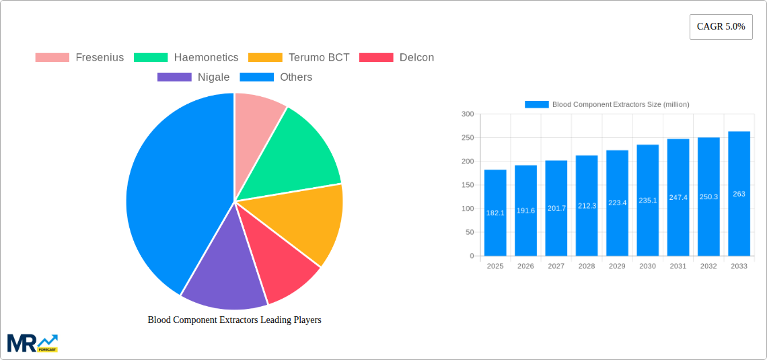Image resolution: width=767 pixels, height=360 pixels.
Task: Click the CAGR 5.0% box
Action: (x=721, y=27)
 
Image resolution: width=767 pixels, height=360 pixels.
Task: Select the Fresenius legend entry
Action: (x=79, y=58)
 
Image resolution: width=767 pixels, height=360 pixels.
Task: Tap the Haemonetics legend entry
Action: (x=186, y=58)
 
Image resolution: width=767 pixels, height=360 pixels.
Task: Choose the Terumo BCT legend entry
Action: (x=299, y=58)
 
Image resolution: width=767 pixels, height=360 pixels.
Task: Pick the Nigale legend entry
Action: (x=193, y=77)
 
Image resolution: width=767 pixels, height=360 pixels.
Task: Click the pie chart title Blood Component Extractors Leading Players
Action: (x=234, y=320)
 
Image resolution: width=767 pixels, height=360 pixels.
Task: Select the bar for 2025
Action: (x=495, y=213)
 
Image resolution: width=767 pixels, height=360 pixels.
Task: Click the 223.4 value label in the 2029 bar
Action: (x=617, y=203)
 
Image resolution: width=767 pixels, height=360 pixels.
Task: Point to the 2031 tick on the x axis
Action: (x=678, y=266)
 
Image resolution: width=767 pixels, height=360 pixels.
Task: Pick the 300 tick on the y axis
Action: (x=468, y=114)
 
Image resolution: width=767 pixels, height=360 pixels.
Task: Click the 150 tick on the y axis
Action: (x=468, y=185)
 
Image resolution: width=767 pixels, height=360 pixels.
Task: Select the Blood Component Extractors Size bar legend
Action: (x=607, y=104)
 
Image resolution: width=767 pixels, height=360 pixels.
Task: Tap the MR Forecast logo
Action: (x=32, y=343)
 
